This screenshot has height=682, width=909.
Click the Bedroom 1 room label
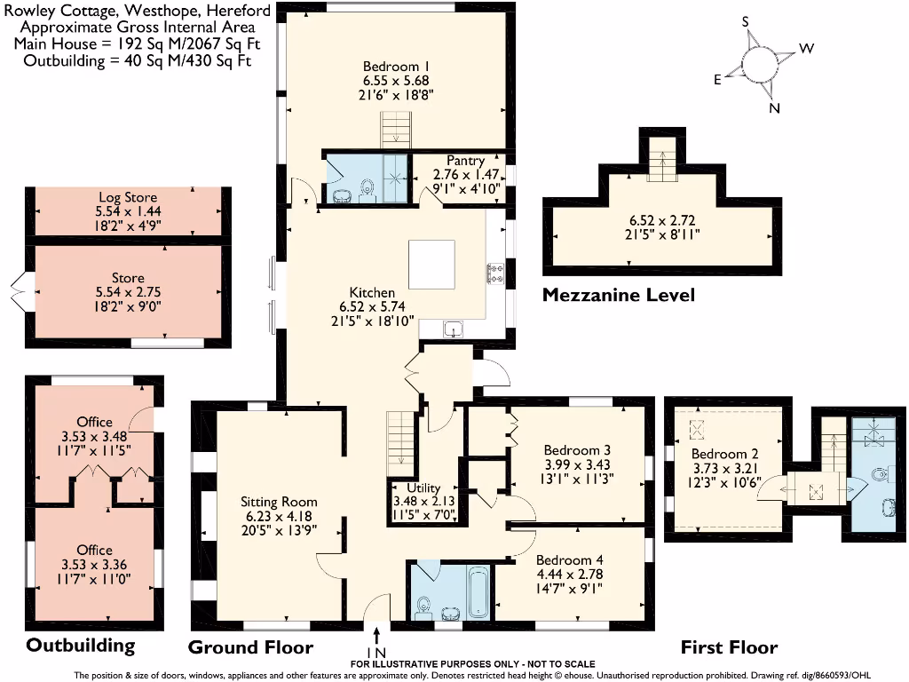click(x=396, y=66)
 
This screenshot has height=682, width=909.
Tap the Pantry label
click(x=465, y=161)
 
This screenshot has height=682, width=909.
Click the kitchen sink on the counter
click(x=454, y=330)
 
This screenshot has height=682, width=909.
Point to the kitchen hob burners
click(x=494, y=274)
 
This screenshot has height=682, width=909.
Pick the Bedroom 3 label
click(x=577, y=449)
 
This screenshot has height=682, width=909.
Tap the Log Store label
click(x=128, y=198)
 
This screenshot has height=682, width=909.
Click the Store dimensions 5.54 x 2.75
click(x=128, y=293)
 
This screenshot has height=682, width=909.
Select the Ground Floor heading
click(x=251, y=646)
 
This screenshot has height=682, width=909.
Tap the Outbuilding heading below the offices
click(x=80, y=645)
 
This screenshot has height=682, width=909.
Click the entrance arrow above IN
click(x=378, y=634)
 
